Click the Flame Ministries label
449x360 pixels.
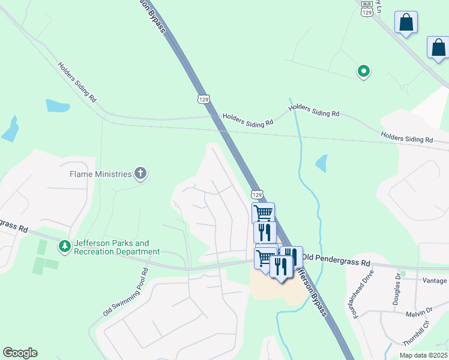tap(100, 174)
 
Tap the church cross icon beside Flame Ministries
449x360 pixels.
tap(140, 174)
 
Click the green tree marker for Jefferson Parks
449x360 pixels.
tap(64, 246)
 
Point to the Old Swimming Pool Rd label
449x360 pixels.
tap(125, 293)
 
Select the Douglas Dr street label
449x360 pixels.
tap(397, 289)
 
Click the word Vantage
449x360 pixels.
tap(435, 281)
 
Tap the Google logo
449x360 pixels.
tap(20, 353)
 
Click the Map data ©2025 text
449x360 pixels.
tap(423, 355)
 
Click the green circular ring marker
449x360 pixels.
tap(363, 71)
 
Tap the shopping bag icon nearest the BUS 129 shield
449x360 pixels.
tap(406, 22)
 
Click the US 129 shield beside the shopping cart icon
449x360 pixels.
tap(257, 194)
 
